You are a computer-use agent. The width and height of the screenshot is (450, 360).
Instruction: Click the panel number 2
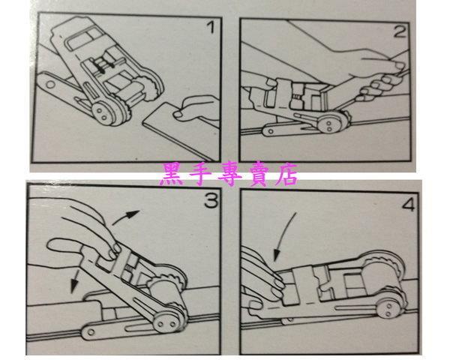coord(400,31)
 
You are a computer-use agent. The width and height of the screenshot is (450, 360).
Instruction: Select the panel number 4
coord(409,205)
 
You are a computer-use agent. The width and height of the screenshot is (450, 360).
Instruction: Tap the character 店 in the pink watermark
coord(287,175)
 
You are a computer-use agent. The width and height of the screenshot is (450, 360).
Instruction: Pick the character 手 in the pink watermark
coord(201,175)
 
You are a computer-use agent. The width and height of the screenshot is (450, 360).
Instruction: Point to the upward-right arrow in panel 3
coord(126,217)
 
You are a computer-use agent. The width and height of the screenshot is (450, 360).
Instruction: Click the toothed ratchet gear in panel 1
coord(151,88)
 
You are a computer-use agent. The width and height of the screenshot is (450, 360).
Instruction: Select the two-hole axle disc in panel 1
coord(102,113)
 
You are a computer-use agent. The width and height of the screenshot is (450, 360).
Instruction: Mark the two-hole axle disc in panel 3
coord(166,324)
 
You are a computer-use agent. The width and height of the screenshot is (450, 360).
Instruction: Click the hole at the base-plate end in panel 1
coord(51,85)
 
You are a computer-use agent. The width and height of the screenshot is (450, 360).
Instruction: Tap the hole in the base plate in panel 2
coord(270,131)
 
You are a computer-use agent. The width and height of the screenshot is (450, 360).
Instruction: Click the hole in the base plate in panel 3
coord(91,332)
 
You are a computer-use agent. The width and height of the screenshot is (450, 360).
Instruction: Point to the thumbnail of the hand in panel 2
coord(399,67)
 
